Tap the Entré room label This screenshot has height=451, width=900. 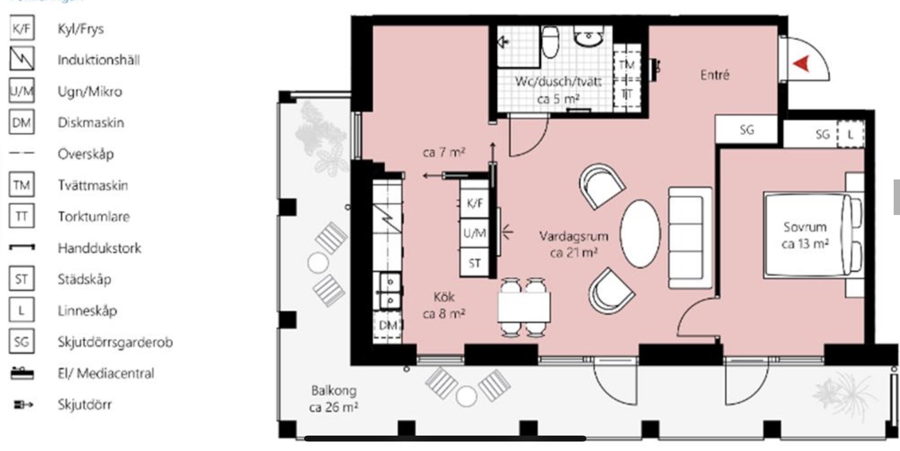(715, 75)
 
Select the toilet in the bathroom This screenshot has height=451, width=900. (550, 42)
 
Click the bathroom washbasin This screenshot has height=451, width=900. (588, 38)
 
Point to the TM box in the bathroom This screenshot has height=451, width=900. (627, 64)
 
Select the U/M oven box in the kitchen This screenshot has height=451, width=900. (475, 234)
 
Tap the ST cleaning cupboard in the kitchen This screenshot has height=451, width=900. (475, 263)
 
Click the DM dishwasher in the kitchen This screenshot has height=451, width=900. (388, 325)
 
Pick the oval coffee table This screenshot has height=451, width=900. (640, 234)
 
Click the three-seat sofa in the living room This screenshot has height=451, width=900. (690, 238)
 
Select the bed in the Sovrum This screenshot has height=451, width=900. (813, 234)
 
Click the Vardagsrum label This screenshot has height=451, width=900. (574, 236)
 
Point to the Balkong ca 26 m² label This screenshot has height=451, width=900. (334, 399)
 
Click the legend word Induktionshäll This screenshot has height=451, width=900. (98, 60)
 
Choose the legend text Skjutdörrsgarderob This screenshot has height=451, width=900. (115, 342)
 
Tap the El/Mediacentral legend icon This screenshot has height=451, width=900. (22, 373)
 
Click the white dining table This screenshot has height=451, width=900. (524, 307)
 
